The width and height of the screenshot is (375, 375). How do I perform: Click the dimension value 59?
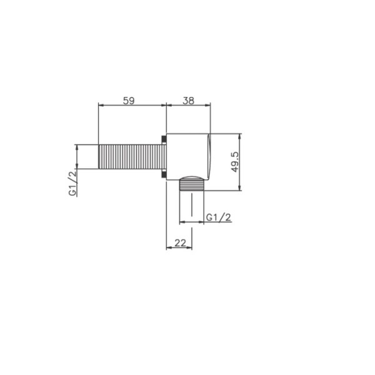click(129, 101)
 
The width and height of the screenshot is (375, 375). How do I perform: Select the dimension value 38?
click(189, 101)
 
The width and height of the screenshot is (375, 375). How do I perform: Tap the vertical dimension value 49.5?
click(236, 162)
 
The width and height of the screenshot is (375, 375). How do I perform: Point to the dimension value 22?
click(180, 243)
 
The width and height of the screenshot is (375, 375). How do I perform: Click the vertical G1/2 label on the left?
click(72, 182)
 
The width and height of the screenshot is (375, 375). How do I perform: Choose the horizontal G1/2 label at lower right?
click(219, 217)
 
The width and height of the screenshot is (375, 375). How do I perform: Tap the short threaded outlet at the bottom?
click(192, 184)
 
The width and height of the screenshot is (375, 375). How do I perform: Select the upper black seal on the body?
click(164, 139)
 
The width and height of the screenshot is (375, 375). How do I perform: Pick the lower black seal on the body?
click(164, 174)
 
